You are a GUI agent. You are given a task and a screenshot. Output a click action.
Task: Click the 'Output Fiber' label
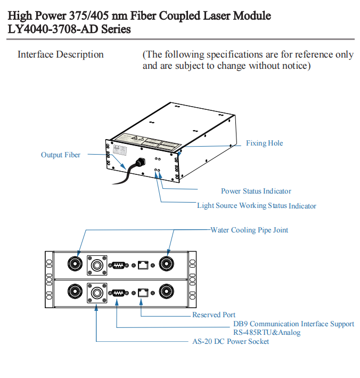[61, 155]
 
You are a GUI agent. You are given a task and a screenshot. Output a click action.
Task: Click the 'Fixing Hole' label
[264, 143]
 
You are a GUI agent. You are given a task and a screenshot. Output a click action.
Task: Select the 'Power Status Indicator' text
[256, 191]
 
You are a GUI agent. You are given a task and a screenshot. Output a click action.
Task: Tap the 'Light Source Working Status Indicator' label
[256, 206]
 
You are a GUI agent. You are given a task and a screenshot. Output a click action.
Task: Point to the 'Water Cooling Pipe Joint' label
[249, 230]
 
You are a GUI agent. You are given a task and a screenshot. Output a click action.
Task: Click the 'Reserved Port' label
[214, 315]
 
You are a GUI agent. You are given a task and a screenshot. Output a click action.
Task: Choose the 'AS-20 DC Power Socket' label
[231, 341]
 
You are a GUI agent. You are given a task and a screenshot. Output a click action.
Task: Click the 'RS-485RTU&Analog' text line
[267, 333]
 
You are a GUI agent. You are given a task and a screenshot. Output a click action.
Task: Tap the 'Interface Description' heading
[61, 54]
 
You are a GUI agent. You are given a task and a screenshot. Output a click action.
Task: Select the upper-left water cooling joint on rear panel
[74, 264]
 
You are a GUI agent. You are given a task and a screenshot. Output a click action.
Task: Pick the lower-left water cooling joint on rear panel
[74, 292]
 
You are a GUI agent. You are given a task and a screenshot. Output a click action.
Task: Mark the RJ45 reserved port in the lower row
[143, 292]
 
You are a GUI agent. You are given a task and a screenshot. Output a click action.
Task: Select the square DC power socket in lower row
[96, 292]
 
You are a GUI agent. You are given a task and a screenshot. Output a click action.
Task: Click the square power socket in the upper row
[96, 264]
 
